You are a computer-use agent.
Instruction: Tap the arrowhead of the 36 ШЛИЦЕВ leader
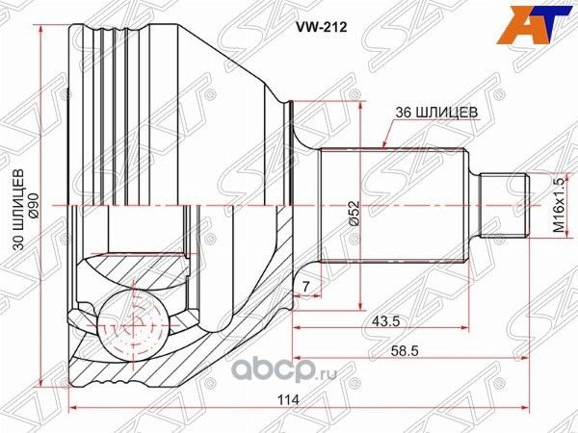[x=384, y=145]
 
